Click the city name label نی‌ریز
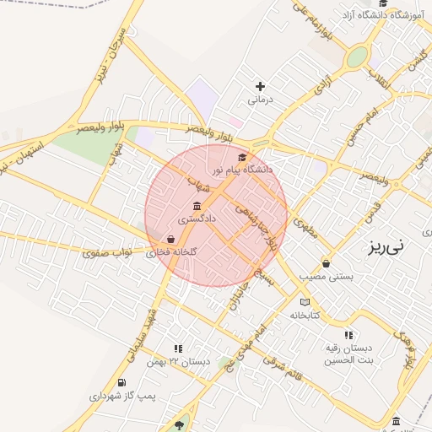point(386,247)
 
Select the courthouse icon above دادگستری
point(197,207)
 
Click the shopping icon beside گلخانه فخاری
point(171,239)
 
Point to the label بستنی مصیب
point(325,276)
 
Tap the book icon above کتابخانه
point(305,302)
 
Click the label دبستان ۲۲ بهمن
point(177,361)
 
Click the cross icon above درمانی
point(260,86)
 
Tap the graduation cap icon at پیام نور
point(243,157)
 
